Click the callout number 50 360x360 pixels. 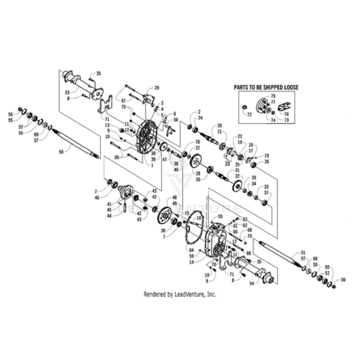61,153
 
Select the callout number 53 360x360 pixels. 67,92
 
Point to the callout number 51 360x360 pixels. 303,252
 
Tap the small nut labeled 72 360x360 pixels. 243,107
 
